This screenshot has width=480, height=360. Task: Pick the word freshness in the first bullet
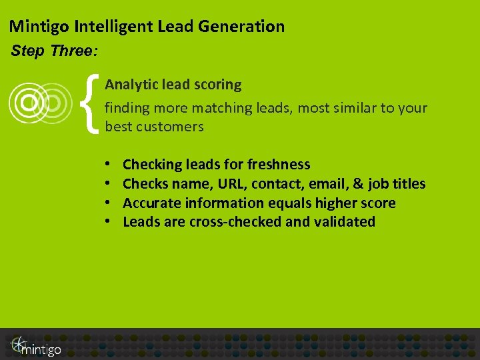tap(278, 164)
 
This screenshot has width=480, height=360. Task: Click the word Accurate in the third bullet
tap(152, 203)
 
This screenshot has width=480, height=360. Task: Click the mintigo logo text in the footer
tap(41, 349)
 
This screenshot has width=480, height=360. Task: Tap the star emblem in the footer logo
tap(18, 343)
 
